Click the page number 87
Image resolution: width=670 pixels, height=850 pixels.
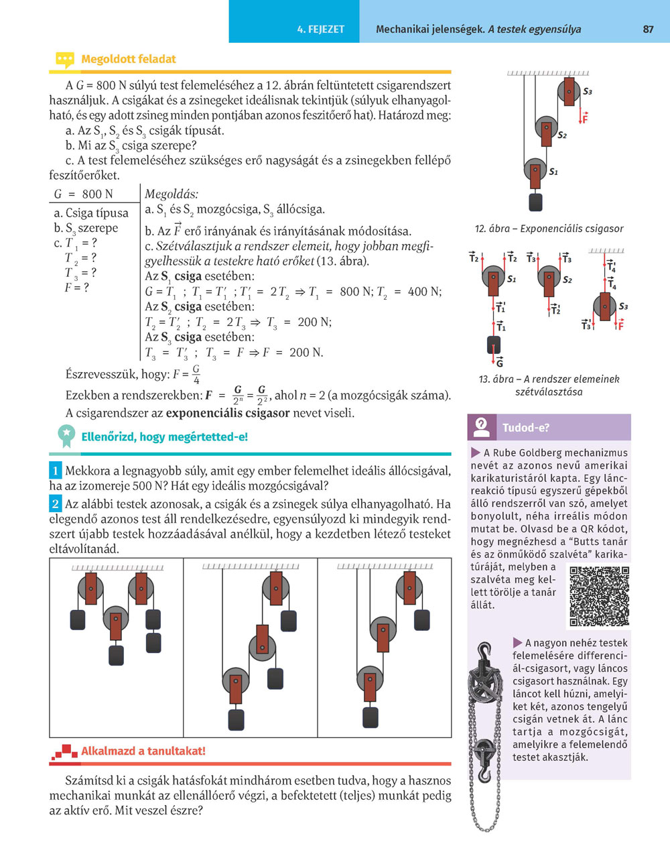tap(648, 29)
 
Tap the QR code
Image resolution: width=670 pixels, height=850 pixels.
tap(599, 597)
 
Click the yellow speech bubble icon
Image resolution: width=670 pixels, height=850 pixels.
tap(64, 60)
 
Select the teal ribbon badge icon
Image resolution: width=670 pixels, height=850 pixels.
tap(66, 436)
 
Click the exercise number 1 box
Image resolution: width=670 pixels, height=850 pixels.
tap(56, 471)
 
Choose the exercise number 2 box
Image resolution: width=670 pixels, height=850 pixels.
tap(56, 503)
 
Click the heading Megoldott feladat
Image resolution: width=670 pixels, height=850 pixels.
tap(128, 59)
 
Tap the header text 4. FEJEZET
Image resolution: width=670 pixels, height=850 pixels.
tap(321, 29)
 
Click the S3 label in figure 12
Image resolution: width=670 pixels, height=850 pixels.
tap(588, 91)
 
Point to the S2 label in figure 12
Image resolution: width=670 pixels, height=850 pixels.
tap(562, 135)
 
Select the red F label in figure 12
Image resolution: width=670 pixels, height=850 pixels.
tap(584, 119)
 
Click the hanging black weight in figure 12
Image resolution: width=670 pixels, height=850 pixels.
tap(535, 202)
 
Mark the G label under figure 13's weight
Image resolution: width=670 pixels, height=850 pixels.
tap(500, 363)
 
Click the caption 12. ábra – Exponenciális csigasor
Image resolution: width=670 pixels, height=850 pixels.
tap(549, 229)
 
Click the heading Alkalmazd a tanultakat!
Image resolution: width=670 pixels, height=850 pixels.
tap(143, 751)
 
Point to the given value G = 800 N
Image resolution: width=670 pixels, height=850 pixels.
tap(84, 194)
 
